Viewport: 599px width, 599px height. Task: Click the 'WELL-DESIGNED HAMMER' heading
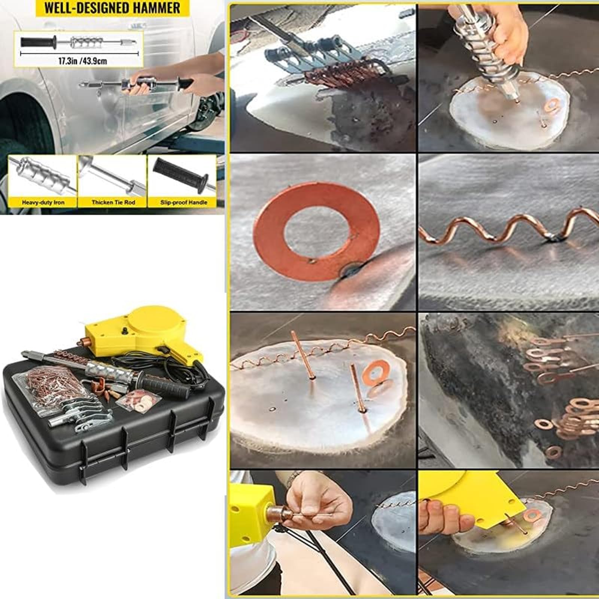click(x=112, y=7)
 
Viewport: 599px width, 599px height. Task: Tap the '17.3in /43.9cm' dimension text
click(x=83, y=61)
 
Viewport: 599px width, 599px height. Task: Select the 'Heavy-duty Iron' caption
click(x=43, y=203)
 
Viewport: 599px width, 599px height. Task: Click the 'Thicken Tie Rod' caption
click(x=113, y=203)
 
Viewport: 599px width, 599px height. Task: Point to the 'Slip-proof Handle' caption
click(x=184, y=203)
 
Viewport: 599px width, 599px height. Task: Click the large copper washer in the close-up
click(x=318, y=231)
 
